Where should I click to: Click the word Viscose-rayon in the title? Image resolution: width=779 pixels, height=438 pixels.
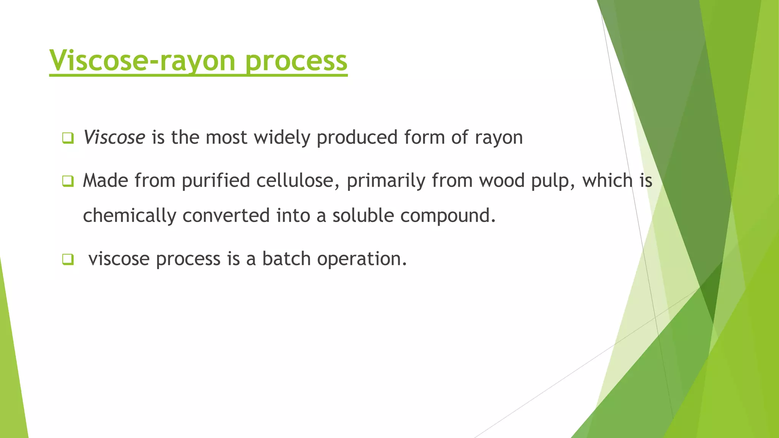[x=143, y=61]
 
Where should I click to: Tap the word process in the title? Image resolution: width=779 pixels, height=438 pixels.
[x=296, y=61]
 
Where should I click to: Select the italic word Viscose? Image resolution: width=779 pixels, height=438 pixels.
[x=114, y=137]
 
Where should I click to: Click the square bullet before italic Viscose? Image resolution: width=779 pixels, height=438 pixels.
[x=68, y=138]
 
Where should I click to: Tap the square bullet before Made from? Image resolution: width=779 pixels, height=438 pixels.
[x=68, y=181]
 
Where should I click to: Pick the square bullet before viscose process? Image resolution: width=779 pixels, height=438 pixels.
[x=68, y=260]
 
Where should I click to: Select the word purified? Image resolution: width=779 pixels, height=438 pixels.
[x=216, y=181]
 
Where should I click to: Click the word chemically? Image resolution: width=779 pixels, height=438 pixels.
[x=129, y=216]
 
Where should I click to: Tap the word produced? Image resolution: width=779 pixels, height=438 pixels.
[x=357, y=138]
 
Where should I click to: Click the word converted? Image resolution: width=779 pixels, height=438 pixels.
[x=226, y=215]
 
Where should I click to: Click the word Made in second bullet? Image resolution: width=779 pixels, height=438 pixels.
[x=105, y=180]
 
